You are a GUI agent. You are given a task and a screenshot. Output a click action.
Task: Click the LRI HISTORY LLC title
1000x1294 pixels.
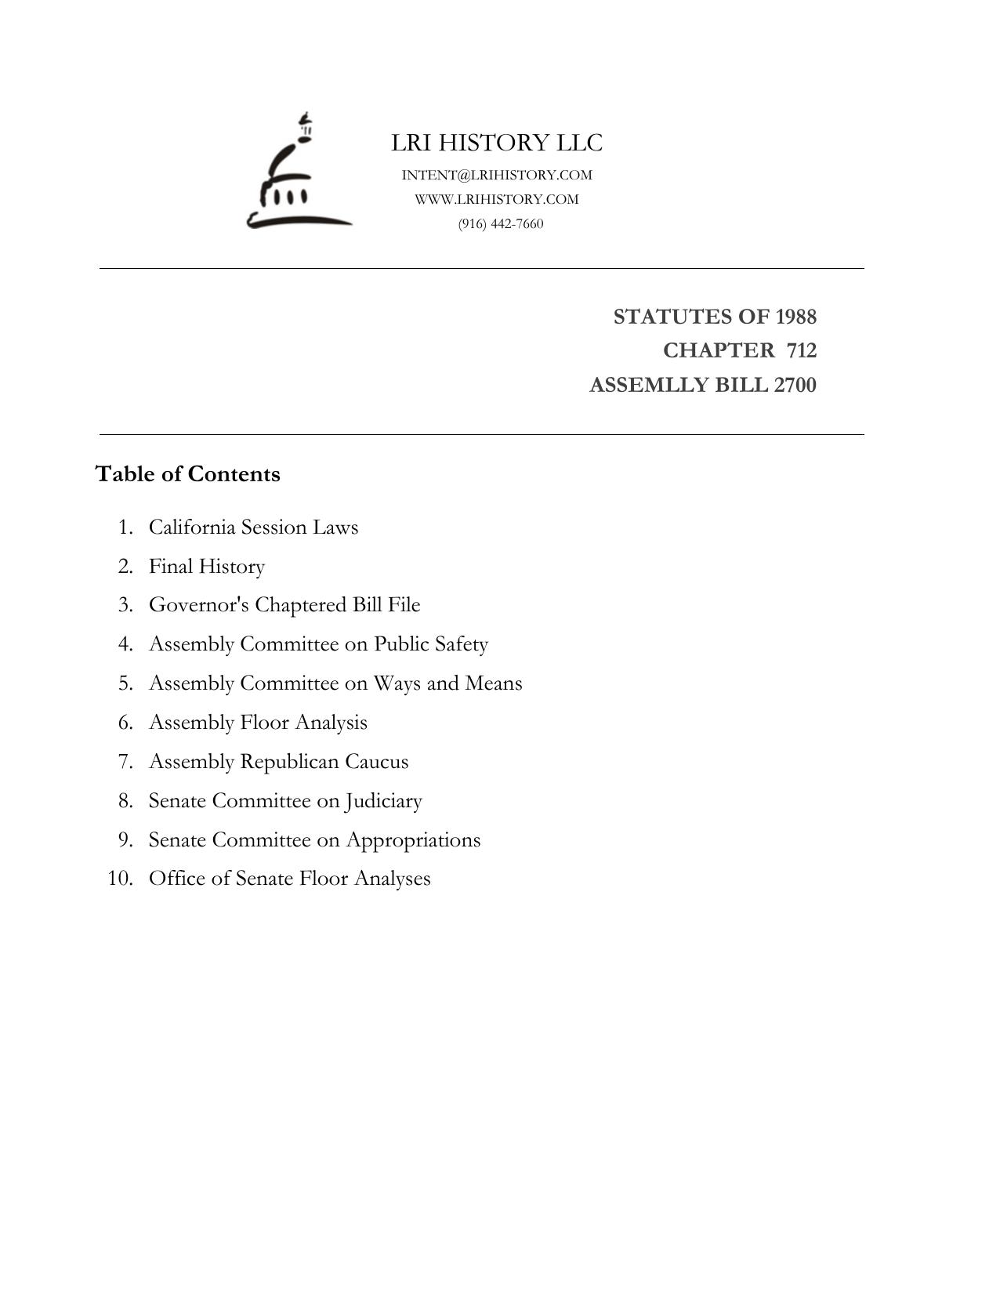(497, 143)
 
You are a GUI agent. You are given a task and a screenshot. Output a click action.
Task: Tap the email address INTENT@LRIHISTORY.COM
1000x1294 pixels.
(497, 175)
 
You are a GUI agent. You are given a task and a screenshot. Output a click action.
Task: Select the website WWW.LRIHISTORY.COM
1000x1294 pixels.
(497, 199)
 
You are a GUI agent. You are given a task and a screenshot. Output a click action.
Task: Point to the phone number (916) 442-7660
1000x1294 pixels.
(501, 223)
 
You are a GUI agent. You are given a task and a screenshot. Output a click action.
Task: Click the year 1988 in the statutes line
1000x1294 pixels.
(795, 317)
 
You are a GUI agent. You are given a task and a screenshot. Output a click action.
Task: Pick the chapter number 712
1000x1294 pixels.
(801, 350)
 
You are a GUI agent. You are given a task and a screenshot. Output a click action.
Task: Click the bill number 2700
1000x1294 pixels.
(795, 385)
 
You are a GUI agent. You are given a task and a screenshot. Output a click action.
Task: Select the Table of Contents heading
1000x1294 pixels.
(187, 474)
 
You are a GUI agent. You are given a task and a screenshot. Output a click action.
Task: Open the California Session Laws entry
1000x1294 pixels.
(253, 527)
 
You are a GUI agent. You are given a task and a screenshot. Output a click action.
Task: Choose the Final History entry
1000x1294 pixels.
(207, 566)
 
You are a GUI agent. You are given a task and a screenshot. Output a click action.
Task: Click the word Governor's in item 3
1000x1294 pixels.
(199, 605)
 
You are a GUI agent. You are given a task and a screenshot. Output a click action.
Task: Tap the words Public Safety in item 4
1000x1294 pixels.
(430, 644)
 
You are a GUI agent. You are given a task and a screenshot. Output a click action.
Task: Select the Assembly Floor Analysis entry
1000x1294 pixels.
(258, 723)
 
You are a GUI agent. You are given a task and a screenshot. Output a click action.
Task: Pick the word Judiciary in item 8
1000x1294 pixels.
(383, 801)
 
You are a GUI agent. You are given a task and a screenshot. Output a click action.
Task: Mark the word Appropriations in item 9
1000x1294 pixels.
(413, 840)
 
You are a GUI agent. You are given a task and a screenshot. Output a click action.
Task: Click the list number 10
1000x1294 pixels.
(120, 879)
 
